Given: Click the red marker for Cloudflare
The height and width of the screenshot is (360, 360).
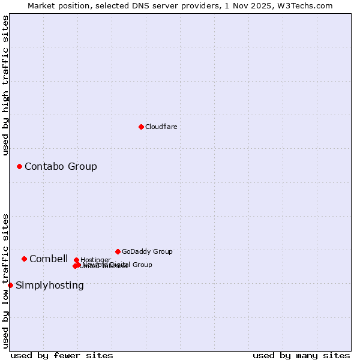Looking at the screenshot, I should click(x=141, y=127).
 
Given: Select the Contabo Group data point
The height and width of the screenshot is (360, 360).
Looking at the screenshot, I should click(x=19, y=166).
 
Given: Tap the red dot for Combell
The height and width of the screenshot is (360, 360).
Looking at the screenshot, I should click(x=24, y=259).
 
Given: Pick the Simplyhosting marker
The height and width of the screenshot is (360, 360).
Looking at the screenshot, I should click(x=10, y=285).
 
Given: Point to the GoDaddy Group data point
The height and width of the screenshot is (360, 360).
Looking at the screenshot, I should click(x=118, y=251).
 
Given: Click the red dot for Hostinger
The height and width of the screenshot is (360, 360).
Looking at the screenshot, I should click(x=76, y=260).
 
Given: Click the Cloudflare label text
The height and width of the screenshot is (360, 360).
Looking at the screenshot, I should click(x=161, y=127).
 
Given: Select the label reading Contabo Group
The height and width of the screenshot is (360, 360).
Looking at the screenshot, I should click(x=61, y=166).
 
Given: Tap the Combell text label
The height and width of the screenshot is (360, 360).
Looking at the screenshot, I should click(x=49, y=259).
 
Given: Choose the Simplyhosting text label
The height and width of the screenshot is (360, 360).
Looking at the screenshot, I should click(x=50, y=285).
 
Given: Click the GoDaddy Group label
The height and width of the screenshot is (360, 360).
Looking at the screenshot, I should click(x=147, y=251).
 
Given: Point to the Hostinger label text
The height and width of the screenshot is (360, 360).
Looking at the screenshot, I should click(x=95, y=260).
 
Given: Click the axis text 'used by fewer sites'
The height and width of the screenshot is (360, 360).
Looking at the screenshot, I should click(x=62, y=355).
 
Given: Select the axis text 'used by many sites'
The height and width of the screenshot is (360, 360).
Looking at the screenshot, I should click(x=301, y=355).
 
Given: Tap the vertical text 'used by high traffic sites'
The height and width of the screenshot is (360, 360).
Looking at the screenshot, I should click(x=5, y=85).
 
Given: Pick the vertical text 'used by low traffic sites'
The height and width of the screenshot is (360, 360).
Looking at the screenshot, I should click(x=5, y=281).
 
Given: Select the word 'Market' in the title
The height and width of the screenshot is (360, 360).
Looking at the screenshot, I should click(x=41, y=5).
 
